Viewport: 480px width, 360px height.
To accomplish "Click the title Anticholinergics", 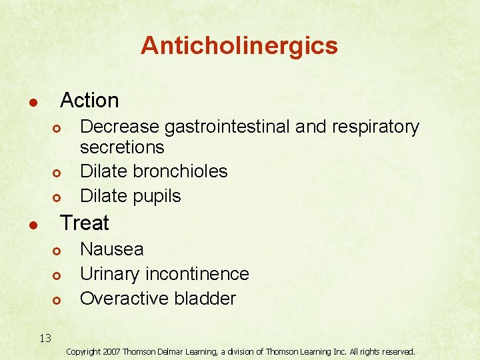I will [x=239, y=45].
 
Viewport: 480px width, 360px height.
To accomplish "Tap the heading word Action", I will [x=89, y=101].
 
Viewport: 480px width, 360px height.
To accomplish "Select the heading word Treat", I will [x=85, y=222].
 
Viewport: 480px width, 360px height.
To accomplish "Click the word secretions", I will [x=121, y=147].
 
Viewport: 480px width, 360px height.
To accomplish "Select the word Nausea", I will [x=111, y=249].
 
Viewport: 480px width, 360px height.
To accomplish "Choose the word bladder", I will [x=203, y=298].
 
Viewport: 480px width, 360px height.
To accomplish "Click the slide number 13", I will [x=45, y=338].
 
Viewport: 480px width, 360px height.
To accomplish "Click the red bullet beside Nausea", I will [x=57, y=251].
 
